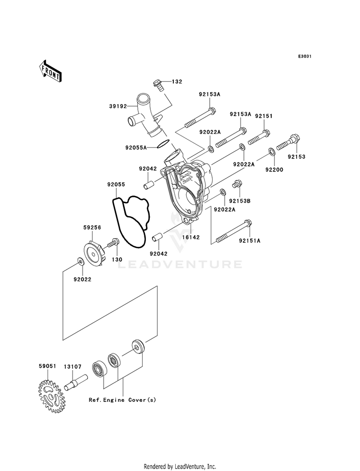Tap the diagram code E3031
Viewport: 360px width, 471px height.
tap(304, 57)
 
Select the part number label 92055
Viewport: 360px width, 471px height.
tap(116, 184)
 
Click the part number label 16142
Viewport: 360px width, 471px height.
tap(191, 237)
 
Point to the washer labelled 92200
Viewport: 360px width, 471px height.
tap(271, 151)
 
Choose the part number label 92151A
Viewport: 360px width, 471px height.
tap(250, 241)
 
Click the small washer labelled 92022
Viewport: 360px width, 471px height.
tap(80, 261)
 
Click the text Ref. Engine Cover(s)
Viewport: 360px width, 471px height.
tap(122, 400)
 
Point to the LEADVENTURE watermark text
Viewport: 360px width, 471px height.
tap(180, 265)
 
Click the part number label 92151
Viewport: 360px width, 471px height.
tap(264, 116)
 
